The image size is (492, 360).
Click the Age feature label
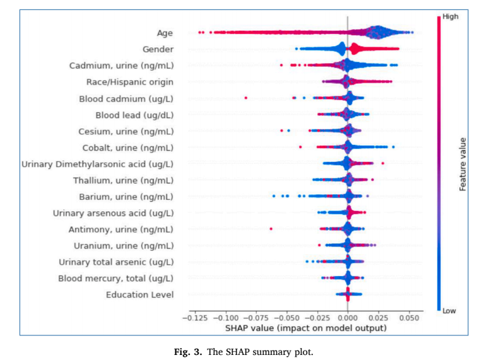[x=165, y=32]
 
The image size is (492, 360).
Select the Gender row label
[x=158, y=49]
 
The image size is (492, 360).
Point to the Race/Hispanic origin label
[x=129, y=81]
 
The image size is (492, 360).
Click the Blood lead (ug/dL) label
[x=134, y=115]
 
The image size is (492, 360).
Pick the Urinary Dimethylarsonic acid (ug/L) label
[x=97, y=164]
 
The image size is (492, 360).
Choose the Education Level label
[x=139, y=294]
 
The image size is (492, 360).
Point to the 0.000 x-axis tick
[x=348, y=318]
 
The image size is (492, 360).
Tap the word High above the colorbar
[x=450, y=17]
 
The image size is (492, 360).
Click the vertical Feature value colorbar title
[x=462, y=164]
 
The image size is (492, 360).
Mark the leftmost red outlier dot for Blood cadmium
[x=245, y=98]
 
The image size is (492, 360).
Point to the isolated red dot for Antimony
[x=271, y=229]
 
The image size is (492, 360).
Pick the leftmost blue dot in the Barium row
[x=274, y=196]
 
